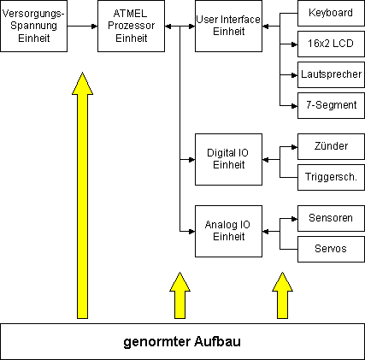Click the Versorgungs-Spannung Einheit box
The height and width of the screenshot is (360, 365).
tap(33, 26)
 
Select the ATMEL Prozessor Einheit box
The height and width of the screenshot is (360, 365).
tap(131, 26)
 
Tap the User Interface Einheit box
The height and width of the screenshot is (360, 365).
tap(228, 26)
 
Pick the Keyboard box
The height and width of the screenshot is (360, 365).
tap(331, 13)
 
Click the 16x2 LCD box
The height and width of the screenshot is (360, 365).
tap(331, 44)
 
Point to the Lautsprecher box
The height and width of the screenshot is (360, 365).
tap(331, 74)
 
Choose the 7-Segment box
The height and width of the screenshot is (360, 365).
tap(331, 105)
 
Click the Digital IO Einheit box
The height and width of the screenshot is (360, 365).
tap(228, 159)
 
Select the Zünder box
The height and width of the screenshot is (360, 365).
tap(331, 146)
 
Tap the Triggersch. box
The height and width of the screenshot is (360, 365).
tap(331, 177)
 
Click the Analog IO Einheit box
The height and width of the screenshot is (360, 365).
tap(228, 231)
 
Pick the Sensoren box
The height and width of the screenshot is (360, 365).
tap(331, 218)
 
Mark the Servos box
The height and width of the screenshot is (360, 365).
tap(331, 249)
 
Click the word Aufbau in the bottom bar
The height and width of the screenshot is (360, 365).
tap(218, 341)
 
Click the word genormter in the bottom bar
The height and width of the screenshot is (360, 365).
tap(157, 342)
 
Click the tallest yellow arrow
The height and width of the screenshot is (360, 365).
tap(82, 195)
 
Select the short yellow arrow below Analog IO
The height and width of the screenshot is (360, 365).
tap(180, 295)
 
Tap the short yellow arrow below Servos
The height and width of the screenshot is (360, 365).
tap(282, 295)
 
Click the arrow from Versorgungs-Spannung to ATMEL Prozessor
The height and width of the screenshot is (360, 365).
tap(83, 27)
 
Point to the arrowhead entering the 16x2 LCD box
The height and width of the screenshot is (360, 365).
tap(295, 44)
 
